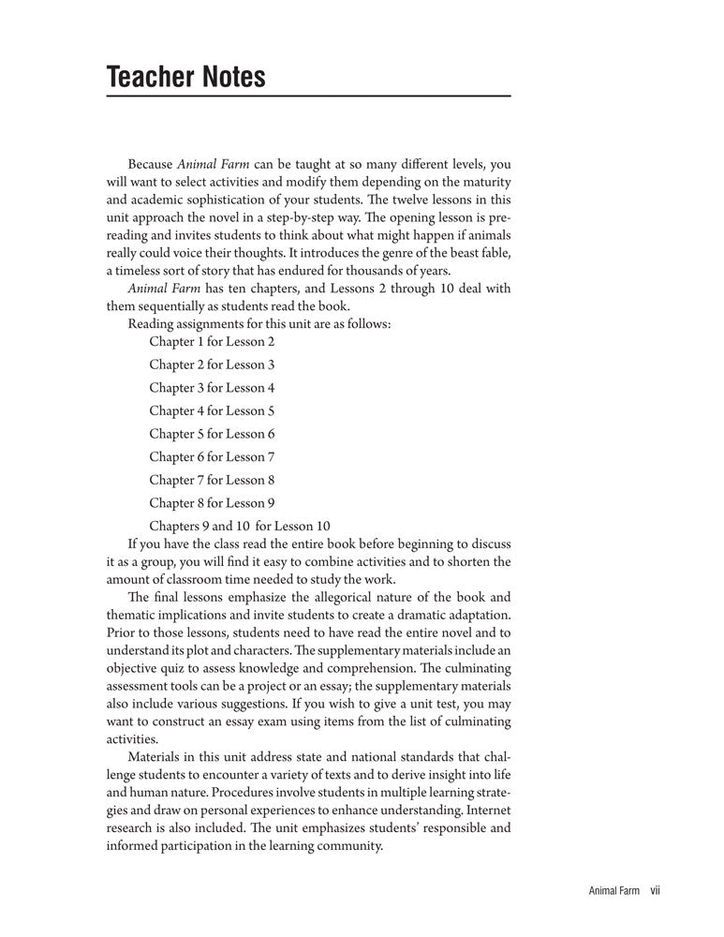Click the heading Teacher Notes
coord(186,76)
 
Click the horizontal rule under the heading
coord(309,97)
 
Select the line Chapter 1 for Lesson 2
coord(212,342)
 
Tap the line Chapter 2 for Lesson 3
coord(212,364)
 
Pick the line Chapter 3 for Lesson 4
coord(212,388)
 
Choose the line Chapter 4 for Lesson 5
coord(212,410)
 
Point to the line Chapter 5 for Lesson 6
coord(212,434)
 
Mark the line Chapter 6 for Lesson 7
coord(212,457)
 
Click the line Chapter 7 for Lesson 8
coord(212,480)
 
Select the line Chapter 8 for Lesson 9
coord(212,503)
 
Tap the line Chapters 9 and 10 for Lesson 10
coord(240,526)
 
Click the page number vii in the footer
coord(656,891)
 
